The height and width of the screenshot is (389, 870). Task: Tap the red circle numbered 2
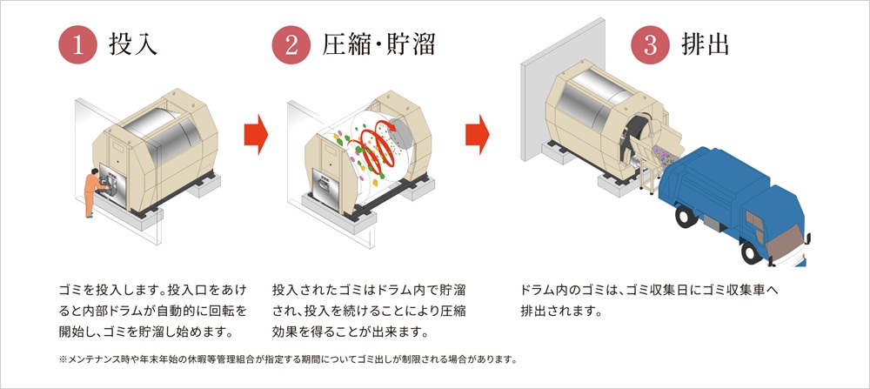pos(292,44)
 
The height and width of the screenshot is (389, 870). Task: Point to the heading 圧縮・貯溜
pos(378,44)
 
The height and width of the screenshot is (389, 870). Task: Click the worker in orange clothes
pos(92,187)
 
